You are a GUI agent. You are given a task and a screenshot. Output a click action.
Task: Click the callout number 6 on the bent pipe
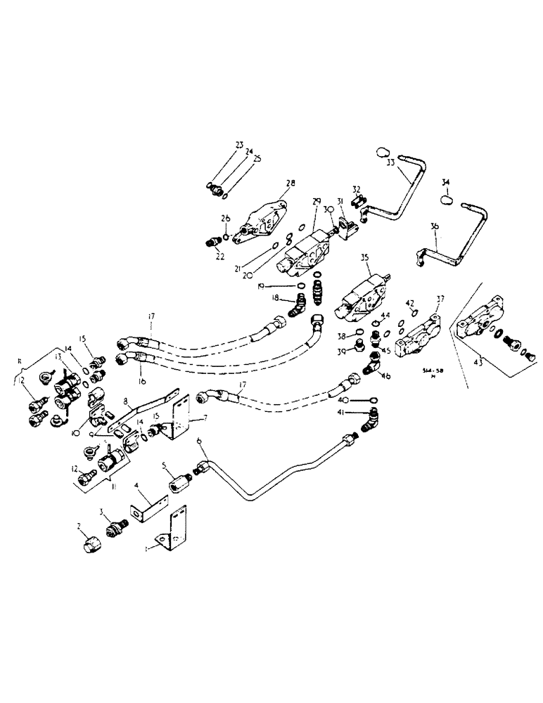[x=200, y=441]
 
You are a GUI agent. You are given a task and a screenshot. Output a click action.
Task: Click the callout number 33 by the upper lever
[x=390, y=161]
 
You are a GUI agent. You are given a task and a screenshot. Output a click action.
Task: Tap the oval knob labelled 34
[x=446, y=200]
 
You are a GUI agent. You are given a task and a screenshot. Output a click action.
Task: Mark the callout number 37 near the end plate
[x=440, y=299]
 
